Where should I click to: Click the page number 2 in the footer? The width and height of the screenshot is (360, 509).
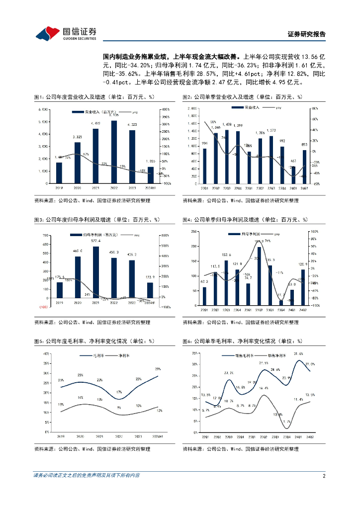323,476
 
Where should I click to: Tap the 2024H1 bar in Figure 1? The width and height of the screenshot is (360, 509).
151,174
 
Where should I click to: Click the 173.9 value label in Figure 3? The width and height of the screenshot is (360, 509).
151,277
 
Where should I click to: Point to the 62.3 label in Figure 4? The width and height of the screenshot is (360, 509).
204,282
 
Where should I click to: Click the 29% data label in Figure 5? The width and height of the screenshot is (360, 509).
158,369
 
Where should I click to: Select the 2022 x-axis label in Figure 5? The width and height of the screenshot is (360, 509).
114,436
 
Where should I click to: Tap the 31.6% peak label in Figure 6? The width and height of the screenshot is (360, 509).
299,354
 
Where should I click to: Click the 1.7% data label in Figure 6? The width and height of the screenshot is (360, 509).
286,422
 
